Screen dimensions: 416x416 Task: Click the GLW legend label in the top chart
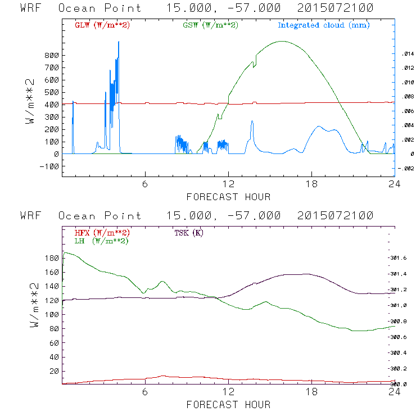(x=102, y=25)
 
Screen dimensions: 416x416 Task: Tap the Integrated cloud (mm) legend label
(x=324, y=25)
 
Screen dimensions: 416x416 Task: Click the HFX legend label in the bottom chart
(x=102, y=233)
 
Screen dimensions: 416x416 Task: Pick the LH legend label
(x=102, y=241)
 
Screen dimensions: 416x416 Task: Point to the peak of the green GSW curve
(x=282, y=41)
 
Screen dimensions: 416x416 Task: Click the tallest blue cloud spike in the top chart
(x=118, y=43)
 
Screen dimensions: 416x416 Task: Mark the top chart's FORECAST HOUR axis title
(x=228, y=197)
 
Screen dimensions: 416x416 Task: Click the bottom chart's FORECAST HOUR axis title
(x=228, y=404)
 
